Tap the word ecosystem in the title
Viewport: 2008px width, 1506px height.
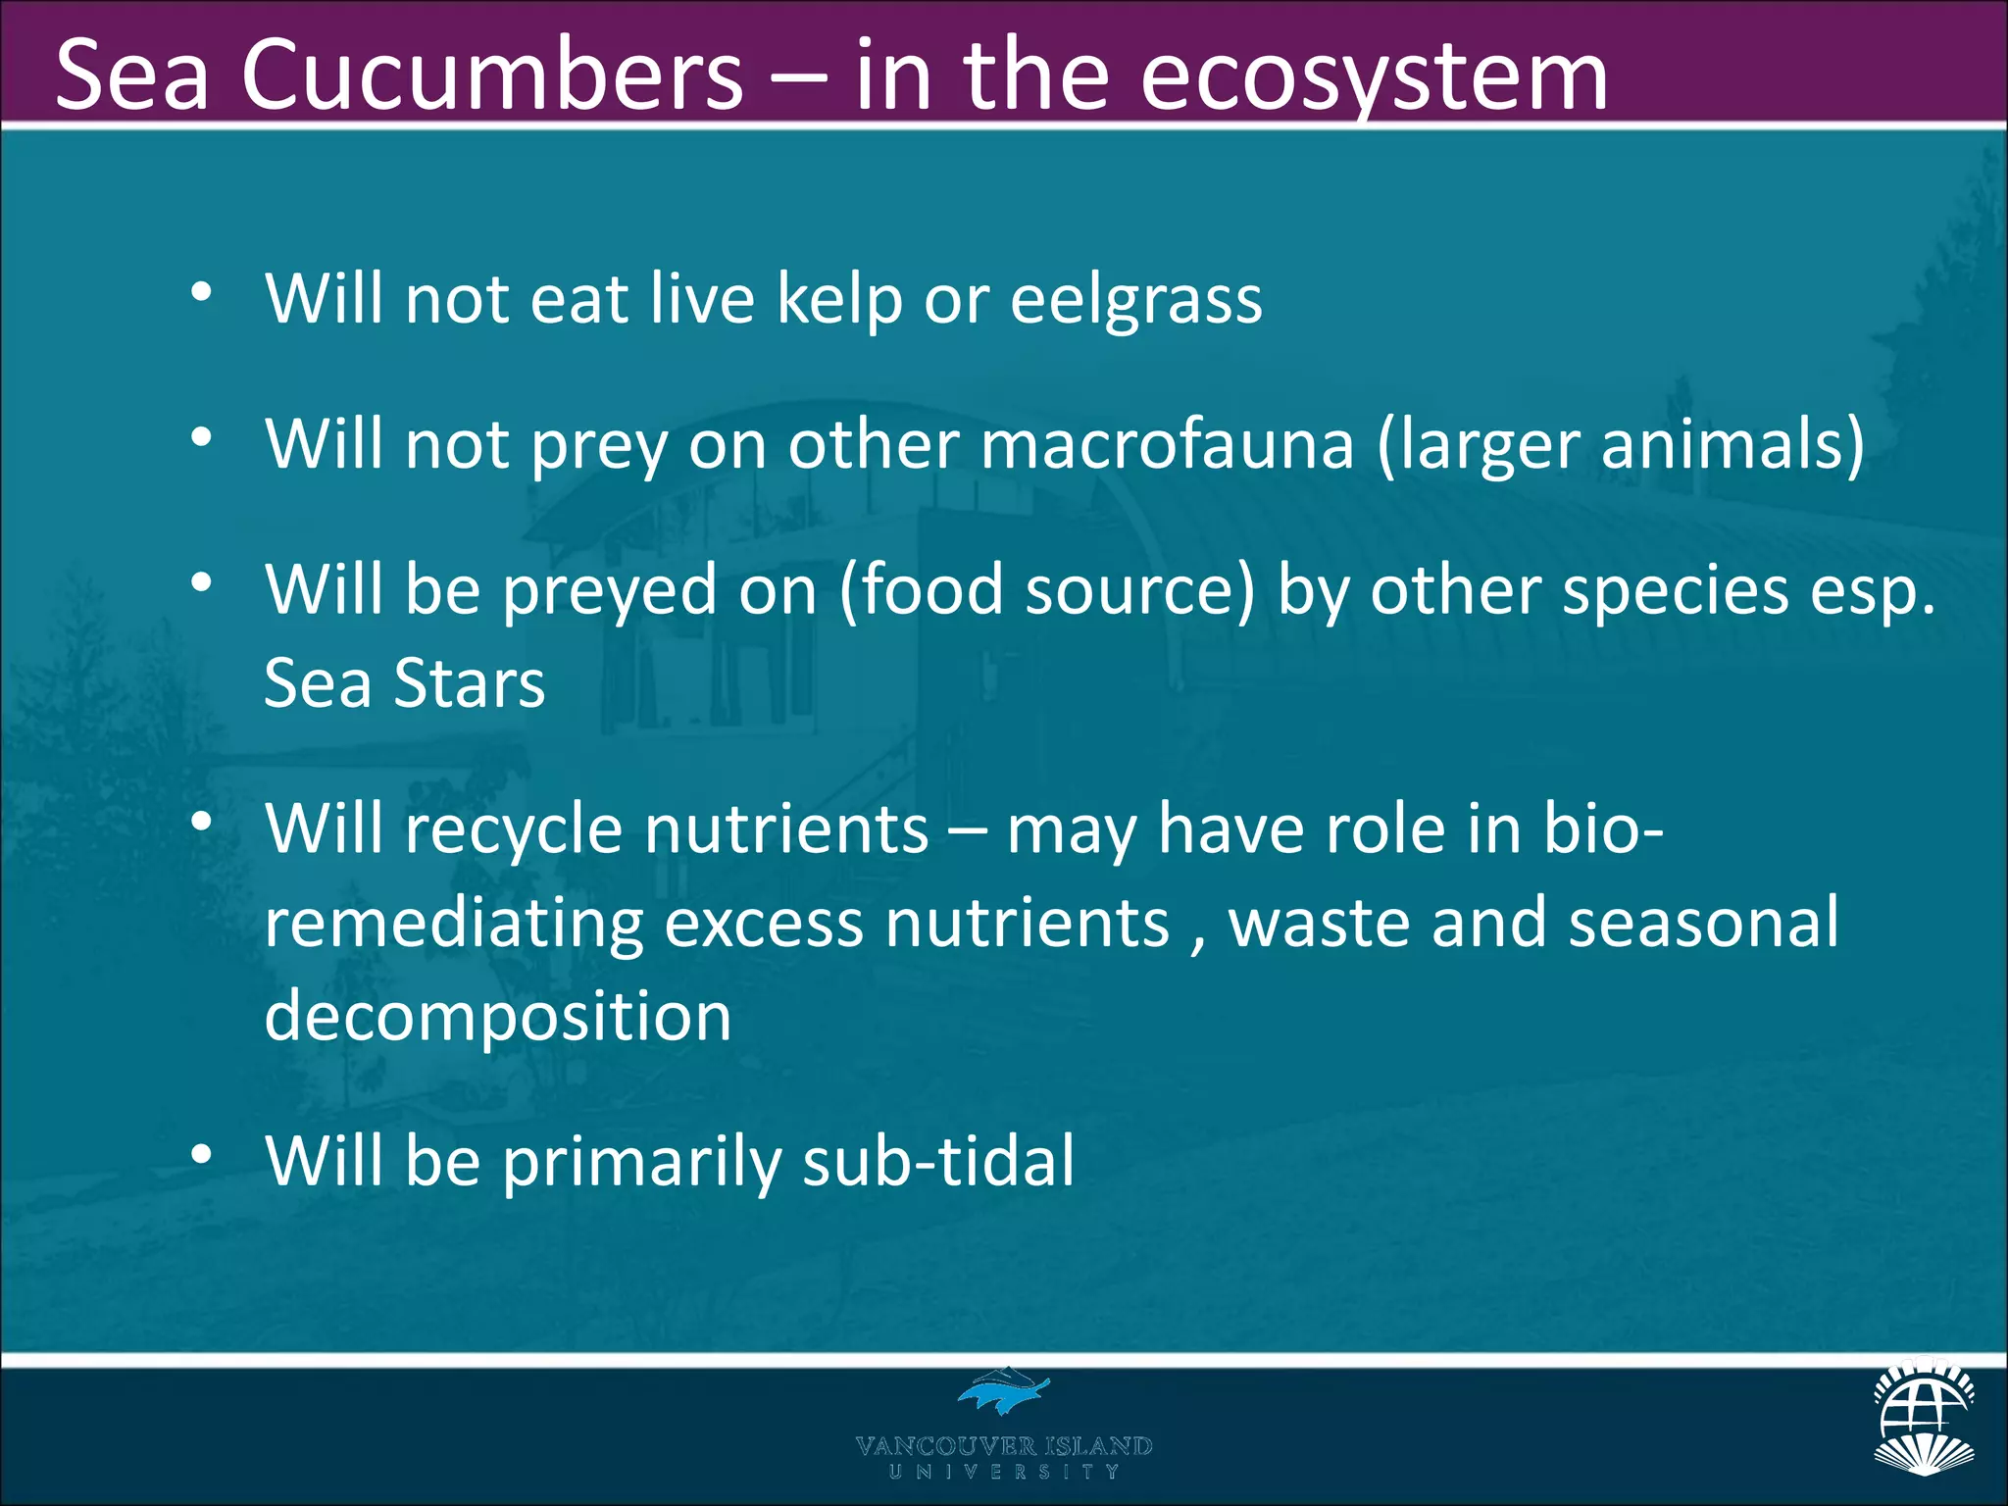1373,76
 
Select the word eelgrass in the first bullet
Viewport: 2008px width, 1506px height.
1135,299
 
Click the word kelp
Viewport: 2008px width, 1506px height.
838,299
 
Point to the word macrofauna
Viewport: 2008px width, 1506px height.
1167,444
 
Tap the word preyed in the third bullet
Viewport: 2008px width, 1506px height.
609,591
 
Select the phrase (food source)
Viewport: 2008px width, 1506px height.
1046,591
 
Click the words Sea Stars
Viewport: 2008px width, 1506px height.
404,683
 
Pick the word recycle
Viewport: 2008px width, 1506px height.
513,829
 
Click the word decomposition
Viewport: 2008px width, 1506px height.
497,1017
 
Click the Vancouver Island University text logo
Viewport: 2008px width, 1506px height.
1003,1455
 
